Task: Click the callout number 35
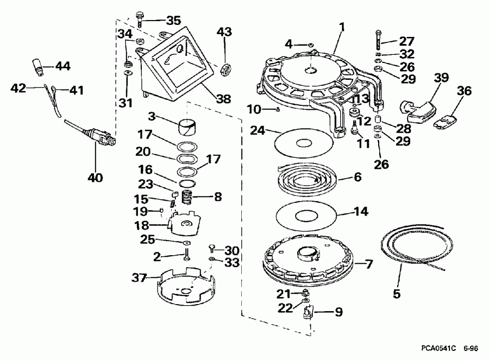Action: click(173, 21)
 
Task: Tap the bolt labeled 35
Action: click(140, 20)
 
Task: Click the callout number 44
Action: click(63, 66)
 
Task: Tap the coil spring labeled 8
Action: click(186, 197)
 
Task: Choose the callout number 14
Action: click(361, 211)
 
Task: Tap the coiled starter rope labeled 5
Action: click(417, 249)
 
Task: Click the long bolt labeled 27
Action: click(379, 40)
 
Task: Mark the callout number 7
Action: click(369, 264)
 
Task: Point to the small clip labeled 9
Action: click(309, 312)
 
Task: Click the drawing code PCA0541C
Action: click(438, 348)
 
